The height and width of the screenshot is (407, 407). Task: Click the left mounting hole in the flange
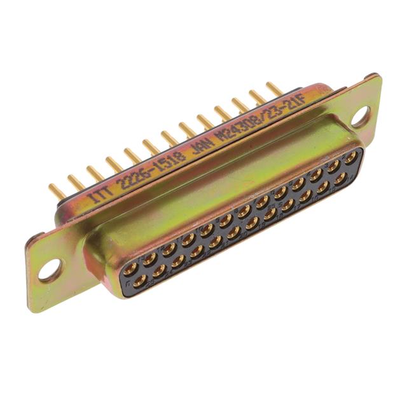point(50,270)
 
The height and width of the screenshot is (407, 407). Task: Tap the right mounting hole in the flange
point(360,116)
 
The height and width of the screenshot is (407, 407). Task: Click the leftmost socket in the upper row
point(130,268)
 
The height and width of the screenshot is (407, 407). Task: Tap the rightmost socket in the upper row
point(349,156)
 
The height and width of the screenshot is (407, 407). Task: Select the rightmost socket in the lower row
point(341,177)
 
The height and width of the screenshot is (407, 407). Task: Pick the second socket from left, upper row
point(150,258)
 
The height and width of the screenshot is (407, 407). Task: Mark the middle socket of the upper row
point(243,210)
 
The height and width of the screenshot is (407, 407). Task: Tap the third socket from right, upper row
point(314,175)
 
